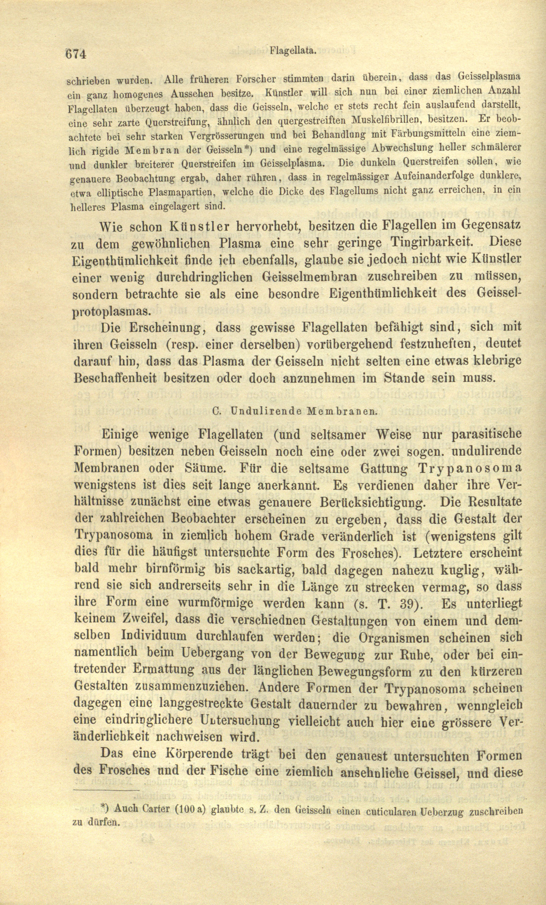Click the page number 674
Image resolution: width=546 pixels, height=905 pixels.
pyautogui.click(x=76, y=54)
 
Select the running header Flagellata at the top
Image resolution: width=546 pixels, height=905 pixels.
pyautogui.click(x=293, y=51)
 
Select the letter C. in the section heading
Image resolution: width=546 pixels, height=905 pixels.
pyautogui.click(x=216, y=411)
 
